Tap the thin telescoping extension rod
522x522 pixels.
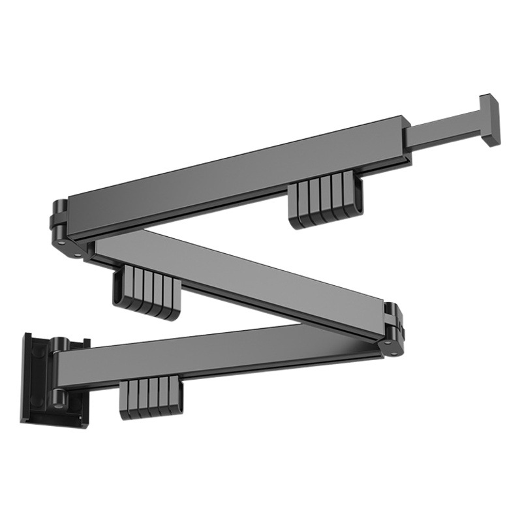point(444,131)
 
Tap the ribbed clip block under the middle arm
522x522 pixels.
point(147,292)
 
